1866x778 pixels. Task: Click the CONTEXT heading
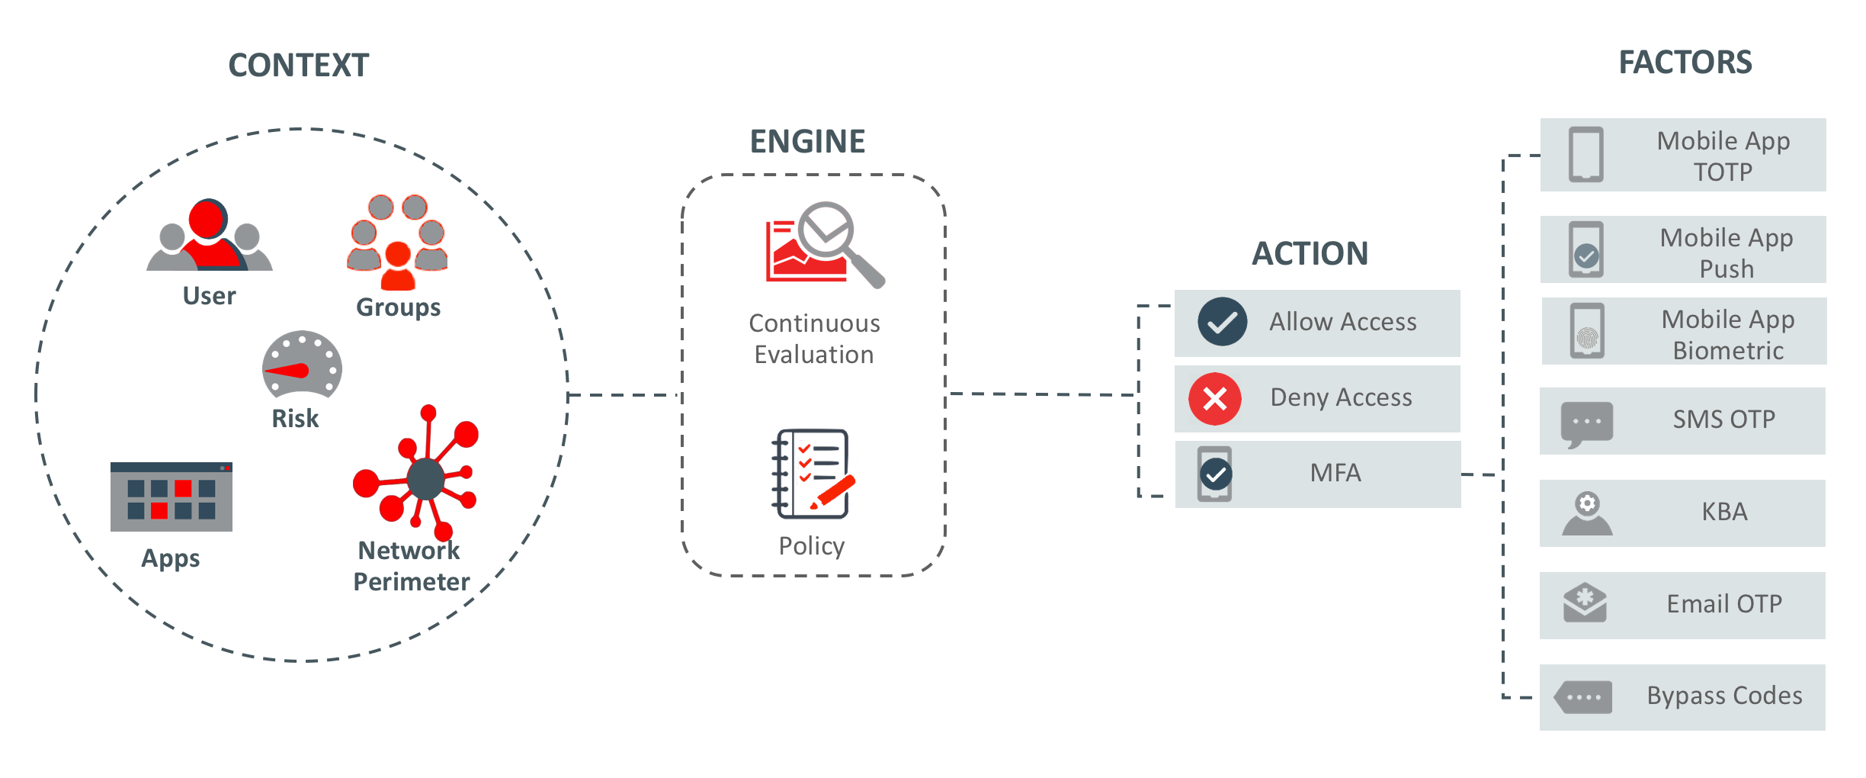(x=298, y=66)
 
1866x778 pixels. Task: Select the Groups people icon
(x=397, y=242)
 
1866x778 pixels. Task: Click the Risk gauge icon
(x=302, y=365)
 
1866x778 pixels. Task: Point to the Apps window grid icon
(x=171, y=497)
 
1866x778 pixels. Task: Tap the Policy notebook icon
(x=813, y=474)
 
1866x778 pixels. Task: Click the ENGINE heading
(x=807, y=142)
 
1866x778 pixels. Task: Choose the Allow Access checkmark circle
(x=1222, y=322)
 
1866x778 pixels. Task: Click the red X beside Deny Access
(x=1215, y=399)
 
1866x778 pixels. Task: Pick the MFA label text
(x=1335, y=473)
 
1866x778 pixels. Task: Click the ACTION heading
(x=1310, y=254)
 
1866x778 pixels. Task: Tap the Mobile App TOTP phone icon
(x=1586, y=155)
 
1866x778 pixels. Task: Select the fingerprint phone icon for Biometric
(x=1587, y=332)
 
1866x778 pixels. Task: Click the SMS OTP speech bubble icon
(x=1587, y=423)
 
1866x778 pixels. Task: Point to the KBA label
(x=1724, y=512)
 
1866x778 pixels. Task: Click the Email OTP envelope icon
(x=1585, y=604)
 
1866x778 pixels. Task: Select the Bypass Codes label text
(x=1724, y=696)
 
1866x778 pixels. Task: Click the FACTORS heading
(x=1685, y=63)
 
